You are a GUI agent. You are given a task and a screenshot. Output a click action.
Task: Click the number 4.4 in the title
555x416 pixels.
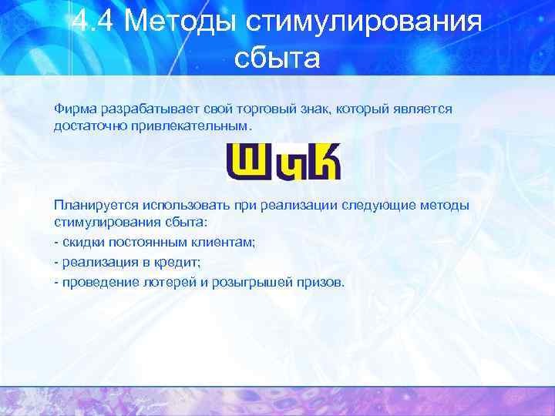[x=92, y=22]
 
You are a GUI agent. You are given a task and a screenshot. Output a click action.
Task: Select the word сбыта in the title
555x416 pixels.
[x=276, y=58]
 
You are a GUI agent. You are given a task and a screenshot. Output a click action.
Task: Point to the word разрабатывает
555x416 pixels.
[x=146, y=109]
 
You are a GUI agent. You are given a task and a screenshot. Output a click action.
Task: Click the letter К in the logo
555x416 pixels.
[x=321, y=161]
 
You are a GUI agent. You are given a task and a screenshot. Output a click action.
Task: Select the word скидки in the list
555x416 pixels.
[x=82, y=243]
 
